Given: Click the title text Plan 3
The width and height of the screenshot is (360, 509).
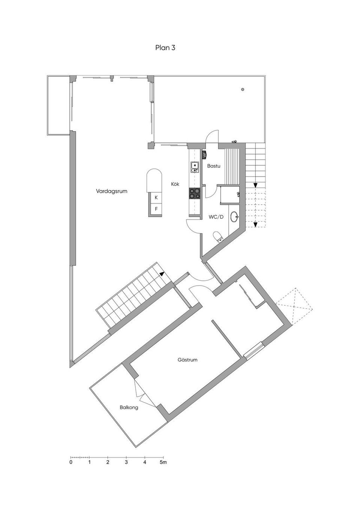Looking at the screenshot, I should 165,48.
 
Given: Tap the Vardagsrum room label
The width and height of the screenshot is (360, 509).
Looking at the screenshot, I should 111,191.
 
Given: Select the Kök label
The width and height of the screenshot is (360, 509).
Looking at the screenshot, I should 175,184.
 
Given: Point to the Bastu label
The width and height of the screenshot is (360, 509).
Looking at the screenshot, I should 213,166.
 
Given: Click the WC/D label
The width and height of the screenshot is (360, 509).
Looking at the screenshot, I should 216,217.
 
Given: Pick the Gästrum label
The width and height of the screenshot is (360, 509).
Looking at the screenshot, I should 187,360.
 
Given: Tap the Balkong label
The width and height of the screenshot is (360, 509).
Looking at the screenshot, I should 129,407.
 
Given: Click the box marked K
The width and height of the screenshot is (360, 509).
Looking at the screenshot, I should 156,197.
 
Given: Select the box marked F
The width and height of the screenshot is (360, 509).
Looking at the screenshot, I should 156,209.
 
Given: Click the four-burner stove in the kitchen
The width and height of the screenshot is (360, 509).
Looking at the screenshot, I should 195,193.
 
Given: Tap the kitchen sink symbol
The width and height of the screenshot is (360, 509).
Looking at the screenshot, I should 195,167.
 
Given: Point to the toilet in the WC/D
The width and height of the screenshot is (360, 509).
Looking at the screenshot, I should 218,236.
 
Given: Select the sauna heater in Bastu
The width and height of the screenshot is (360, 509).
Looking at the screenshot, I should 205,154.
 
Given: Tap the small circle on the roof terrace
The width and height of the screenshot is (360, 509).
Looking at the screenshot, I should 243,90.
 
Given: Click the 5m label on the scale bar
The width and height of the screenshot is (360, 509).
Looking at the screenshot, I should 163,463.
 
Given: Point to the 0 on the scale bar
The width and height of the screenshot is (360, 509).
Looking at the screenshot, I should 71,463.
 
